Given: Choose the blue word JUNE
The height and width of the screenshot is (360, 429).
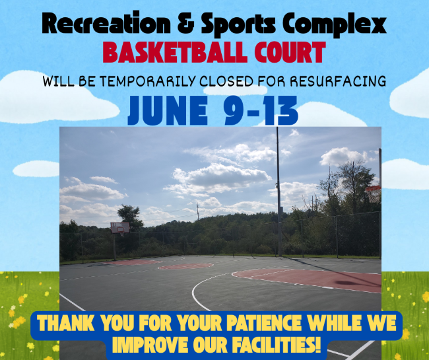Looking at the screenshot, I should (166, 111).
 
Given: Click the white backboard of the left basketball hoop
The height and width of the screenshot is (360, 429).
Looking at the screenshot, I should (120, 228).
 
